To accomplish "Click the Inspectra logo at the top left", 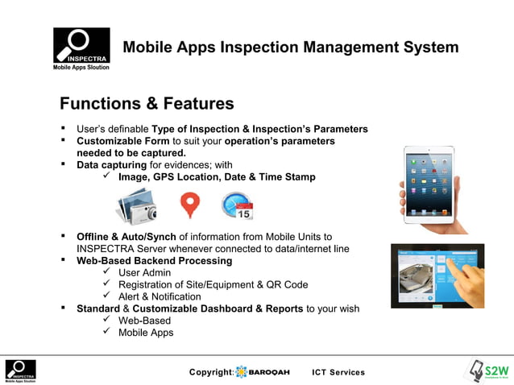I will (81, 49).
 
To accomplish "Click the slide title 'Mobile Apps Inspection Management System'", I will (290, 48).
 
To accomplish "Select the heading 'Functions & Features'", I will (147, 104).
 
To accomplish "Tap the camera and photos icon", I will (135, 205).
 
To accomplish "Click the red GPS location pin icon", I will (189, 205).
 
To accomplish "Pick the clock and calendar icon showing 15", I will (238, 205).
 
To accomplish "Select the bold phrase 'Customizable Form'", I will (123, 141).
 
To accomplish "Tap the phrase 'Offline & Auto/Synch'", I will (126, 237).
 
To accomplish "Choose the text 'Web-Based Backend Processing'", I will (154, 261).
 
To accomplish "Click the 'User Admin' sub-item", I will (144, 273).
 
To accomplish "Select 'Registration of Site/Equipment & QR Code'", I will (213, 284).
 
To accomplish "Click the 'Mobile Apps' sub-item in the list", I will (146, 332).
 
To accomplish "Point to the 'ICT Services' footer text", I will (338, 372).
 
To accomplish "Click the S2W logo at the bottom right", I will (487, 371).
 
